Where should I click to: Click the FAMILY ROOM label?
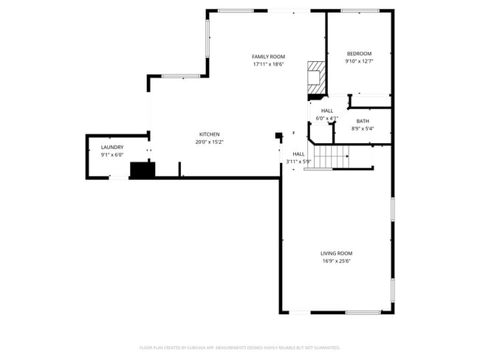(x=268, y=57)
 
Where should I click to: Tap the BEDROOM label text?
(x=359, y=54)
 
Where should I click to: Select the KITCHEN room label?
(x=209, y=134)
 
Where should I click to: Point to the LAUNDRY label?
(x=112, y=148)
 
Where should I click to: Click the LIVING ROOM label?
(x=337, y=253)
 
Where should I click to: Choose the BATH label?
(x=363, y=121)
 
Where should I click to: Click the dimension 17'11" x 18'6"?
(x=268, y=64)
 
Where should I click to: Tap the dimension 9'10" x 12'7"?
(x=359, y=61)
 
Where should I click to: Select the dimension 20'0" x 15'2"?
(x=209, y=142)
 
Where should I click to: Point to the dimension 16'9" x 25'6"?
(x=337, y=260)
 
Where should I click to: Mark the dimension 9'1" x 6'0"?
(x=112, y=155)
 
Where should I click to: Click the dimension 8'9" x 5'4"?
(x=363, y=128)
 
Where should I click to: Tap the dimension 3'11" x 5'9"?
(x=299, y=162)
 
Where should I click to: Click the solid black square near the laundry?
(x=142, y=170)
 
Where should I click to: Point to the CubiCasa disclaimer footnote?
(x=240, y=347)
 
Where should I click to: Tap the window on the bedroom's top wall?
(x=360, y=10)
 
